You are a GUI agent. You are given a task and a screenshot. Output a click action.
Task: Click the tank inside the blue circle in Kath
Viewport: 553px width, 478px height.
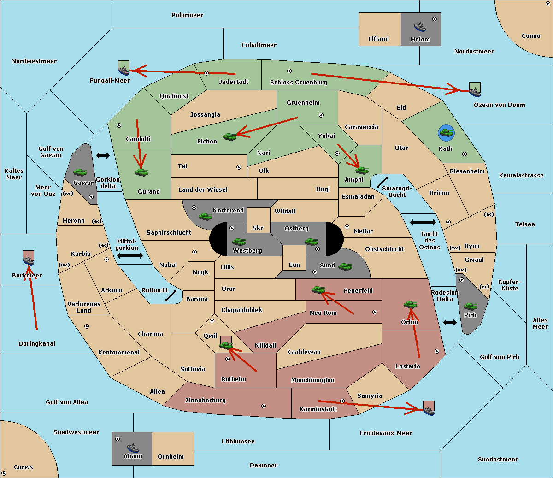[x=447, y=132]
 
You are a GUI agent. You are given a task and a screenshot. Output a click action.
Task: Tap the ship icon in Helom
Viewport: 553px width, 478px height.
[x=420, y=27]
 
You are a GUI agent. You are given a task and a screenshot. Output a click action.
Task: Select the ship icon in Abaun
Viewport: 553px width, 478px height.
[x=133, y=448]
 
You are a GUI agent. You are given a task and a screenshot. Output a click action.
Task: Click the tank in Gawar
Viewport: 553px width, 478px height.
[x=80, y=172]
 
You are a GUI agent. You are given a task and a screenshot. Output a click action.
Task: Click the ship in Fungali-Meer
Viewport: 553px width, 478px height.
[x=124, y=70]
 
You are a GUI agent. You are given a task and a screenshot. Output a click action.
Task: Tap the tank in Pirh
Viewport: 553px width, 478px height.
[x=471, y=306]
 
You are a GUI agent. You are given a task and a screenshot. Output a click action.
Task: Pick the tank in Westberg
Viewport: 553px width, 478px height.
[x=239, y=242]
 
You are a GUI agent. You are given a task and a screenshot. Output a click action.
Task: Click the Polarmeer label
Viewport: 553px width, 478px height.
[x=187, y=15]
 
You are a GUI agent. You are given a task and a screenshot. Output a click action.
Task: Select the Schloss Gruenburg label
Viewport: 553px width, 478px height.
[x=299, y=82]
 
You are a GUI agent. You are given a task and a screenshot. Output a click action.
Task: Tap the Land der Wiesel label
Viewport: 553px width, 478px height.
[x=203, y=190]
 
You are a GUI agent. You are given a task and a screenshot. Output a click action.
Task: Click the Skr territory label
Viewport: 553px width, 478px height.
[x=258, y=228]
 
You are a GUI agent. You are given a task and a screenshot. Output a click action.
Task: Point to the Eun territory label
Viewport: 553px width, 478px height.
[x=294, y=265]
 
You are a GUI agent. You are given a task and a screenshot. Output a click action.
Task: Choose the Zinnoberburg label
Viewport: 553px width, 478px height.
[x=206, y=401]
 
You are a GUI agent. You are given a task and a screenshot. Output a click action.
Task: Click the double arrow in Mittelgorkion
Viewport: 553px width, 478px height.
[x=130, y=256]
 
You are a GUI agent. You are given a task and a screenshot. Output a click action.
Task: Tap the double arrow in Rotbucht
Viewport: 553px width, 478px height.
[x=171, y=296]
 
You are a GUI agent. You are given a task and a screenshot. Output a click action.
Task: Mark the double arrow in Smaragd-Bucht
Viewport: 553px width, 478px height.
[x=382, y=182]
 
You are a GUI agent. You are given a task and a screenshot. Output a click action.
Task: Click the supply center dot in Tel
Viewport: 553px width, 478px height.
[x=239, y=167]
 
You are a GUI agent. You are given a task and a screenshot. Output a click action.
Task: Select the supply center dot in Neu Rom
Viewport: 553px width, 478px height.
[x=375, y=312]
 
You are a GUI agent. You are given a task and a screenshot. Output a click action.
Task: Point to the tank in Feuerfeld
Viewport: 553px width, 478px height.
[x=318, y=290]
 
